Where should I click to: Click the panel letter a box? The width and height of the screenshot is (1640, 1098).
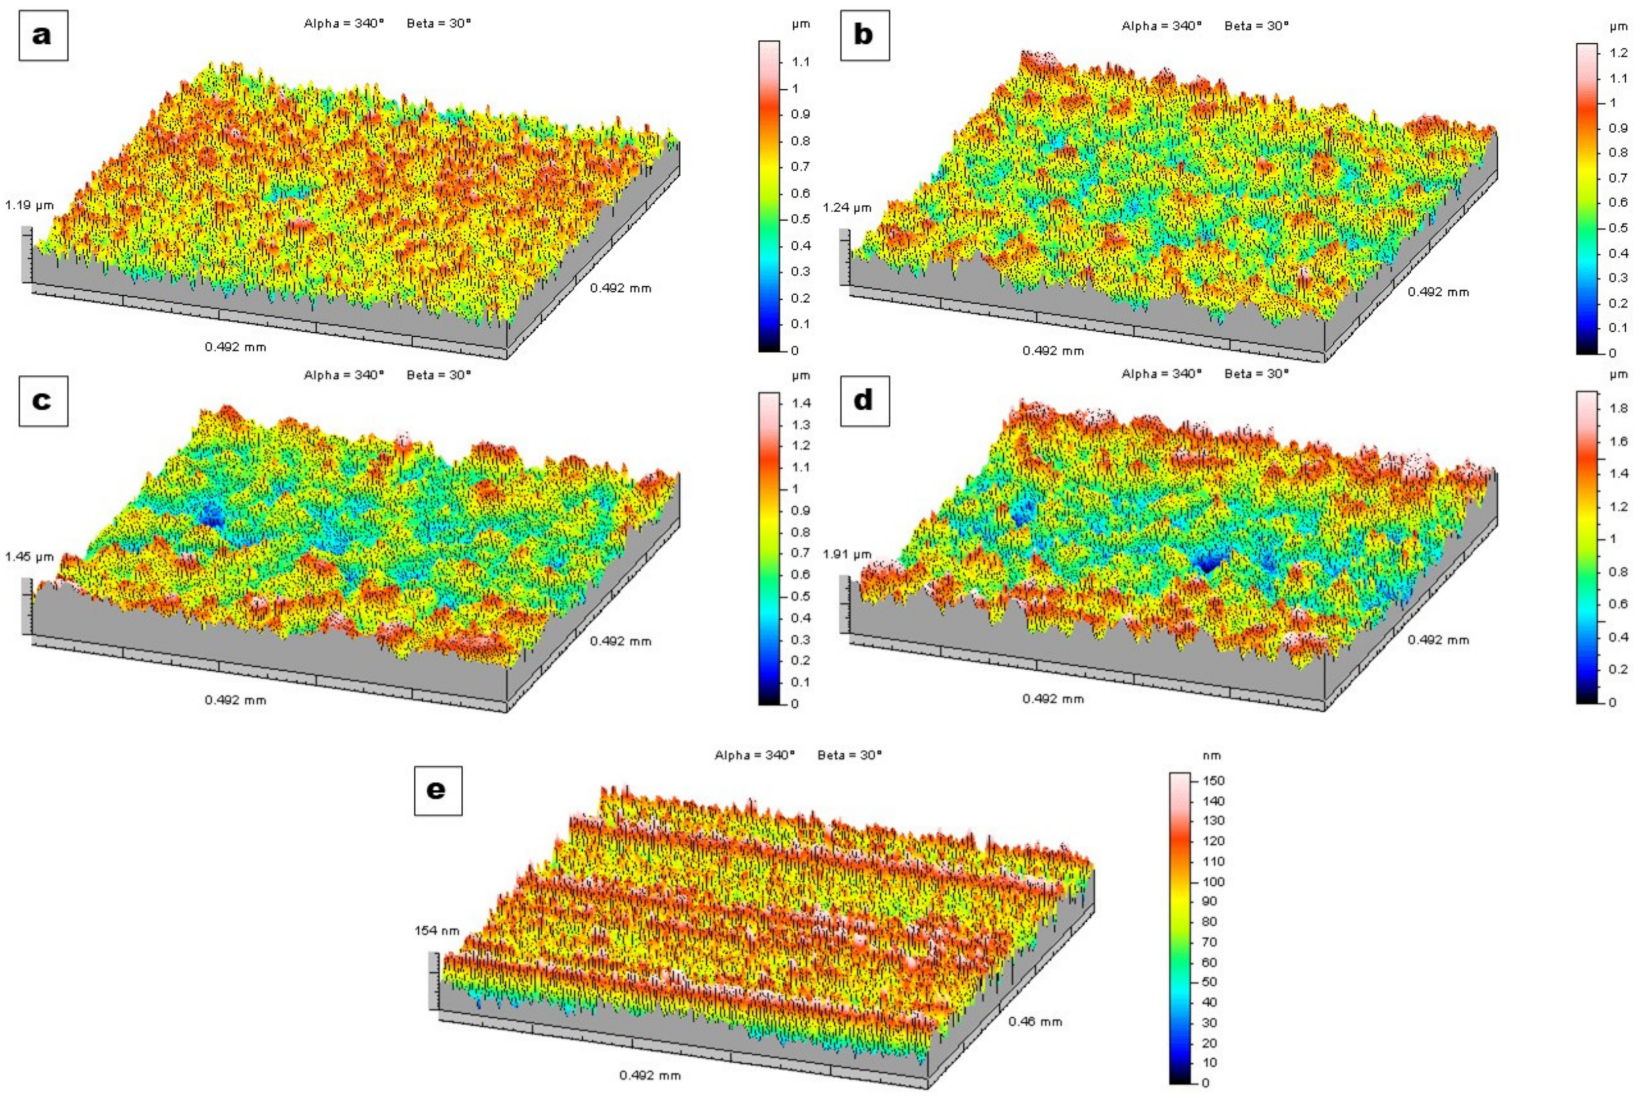pyautogui.click(x=43, y=35)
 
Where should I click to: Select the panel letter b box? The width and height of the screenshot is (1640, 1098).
pyautogui.click(x=864, y=35)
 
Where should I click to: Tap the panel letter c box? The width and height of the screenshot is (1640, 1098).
pyautogui.click(x=43, y=401)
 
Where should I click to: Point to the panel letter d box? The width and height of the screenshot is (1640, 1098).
pyautogui.click(x=864, y=401)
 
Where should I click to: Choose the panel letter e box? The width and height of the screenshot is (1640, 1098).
pyautogui.click(x=438, y=790)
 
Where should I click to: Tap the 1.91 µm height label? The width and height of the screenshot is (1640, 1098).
pyautogui.click(x=847, y=555)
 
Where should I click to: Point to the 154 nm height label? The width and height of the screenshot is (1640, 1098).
pyautogui.click(x=437, y=931)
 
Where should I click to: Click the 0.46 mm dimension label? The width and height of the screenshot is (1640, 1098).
pyautogui.click(x=1035, y=1022)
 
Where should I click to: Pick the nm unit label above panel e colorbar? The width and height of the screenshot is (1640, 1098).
pyautogui.click(x=1211, y=756)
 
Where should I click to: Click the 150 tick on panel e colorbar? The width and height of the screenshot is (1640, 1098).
pyautogui.click(x=1214, y=781)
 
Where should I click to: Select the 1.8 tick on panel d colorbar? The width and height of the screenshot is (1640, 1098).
pyautogui.click(x=1618, y=408)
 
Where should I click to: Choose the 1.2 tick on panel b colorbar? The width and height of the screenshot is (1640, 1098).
pyautogui.click(x=1618, y=53)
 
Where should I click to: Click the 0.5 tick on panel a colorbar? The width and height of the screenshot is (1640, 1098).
pyautogui.click(x=801, y=219)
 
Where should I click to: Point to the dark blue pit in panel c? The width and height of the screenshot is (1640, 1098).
pyautogui.click(x=210, y=517)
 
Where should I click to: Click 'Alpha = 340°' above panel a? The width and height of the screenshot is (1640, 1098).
pyautogui.click(x=344, y=23)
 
